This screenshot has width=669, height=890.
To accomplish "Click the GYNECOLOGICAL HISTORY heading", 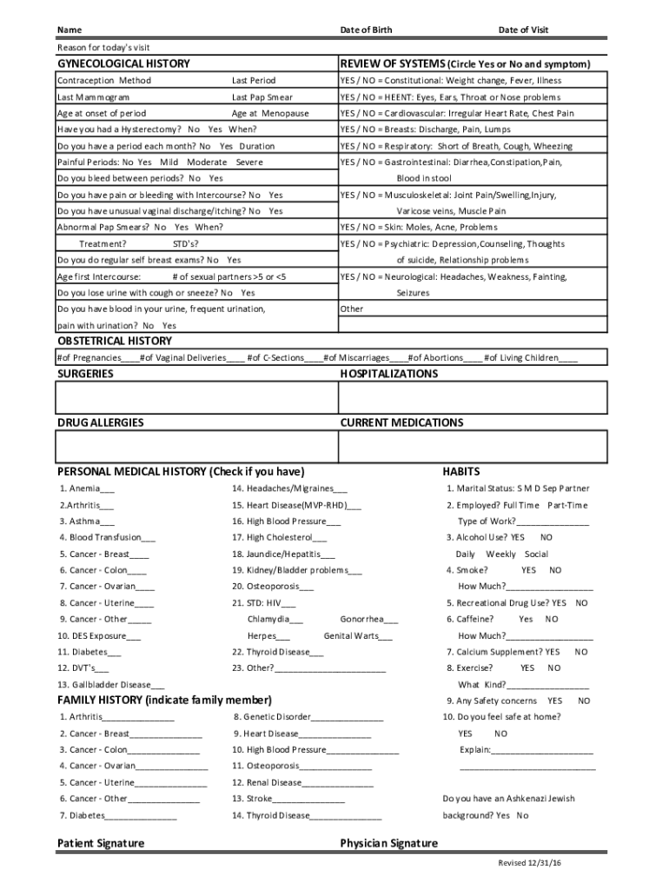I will pyautogui.click(x=123, y=64).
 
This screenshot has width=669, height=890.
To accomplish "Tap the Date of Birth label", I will pyautogui.click(x=366, y=30).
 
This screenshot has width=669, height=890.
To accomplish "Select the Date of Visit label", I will pyautogui.click(x=523, y=30).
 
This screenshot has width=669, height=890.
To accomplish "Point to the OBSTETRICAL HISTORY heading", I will pyautogui.click(x=114, y=341).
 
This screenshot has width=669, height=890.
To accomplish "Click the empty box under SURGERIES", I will pyautogui.click(x=195, y=398).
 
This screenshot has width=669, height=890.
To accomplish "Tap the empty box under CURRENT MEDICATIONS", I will pyautogui.click(x=474, y=447).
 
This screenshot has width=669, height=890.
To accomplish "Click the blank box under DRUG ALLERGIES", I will pyautogui.click(x=195, y=447).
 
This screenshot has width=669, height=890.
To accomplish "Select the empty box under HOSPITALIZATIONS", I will pyautogui.click(x=474, y=398).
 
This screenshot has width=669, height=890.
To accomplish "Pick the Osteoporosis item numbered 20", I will pyautogui.click(x=273, y=587).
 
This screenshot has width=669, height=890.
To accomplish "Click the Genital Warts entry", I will pyautogui.click(x=357, y=635).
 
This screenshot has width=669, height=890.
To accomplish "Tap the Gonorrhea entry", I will pyautogui.click(x=369, y=620).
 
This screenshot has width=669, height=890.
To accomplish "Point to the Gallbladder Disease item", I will pyautogui.click(x=111, y=684).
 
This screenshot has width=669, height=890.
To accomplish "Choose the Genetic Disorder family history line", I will pyautogui.click(x=308, y=717).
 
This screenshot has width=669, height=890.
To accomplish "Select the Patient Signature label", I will pyautogui.click(x=101, y=843).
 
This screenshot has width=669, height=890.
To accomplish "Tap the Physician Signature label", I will pyautogui.click(x=389, y=843).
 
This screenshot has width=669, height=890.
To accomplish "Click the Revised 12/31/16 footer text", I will pyautogui.click(x=530, y=863).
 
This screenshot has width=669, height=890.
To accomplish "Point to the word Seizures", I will pyautogui.click(x=413, y=293).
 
